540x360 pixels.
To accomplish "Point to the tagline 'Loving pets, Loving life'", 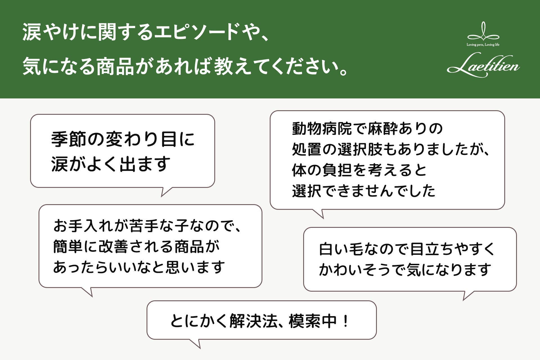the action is [x=483, y=45].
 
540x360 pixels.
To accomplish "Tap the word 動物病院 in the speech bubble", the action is [x=322, y=129].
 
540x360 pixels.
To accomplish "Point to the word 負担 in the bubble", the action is [x=336, y=170].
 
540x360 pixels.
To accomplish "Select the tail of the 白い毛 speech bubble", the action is [x=467, y=295].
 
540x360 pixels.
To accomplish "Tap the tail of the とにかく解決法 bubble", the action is [x=197, y=344].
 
